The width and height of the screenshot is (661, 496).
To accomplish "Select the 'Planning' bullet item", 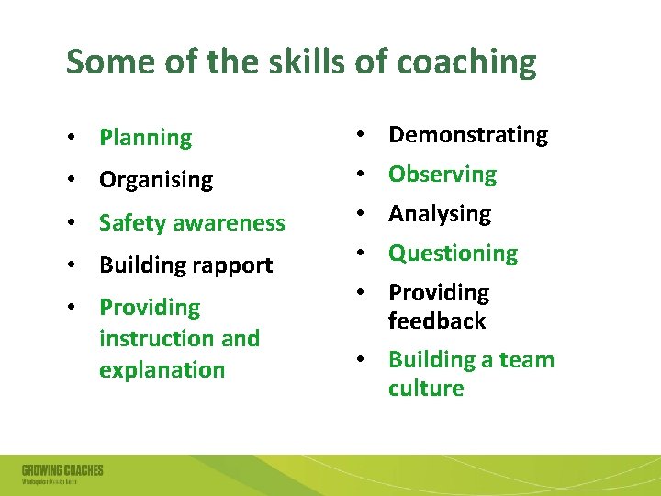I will click(x=145, y=139).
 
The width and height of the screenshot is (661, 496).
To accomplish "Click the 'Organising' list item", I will click(x=155, y=180).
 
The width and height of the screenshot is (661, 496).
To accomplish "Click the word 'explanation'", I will click(x=162, y=369).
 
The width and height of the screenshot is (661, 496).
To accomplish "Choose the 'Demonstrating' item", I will click(x=467, y=135).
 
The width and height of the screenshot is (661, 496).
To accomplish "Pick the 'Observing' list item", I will click(x=442, y=175).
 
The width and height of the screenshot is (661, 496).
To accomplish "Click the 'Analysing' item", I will click(x=439, y=214).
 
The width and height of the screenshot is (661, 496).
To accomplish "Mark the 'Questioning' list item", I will click(x=453, y=254).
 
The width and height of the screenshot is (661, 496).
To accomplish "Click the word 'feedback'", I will click(x=436, y=321).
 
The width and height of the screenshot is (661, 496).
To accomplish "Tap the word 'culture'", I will click(x=425, y=388).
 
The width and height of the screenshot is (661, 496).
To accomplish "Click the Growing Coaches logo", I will click(x=62, y=474).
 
